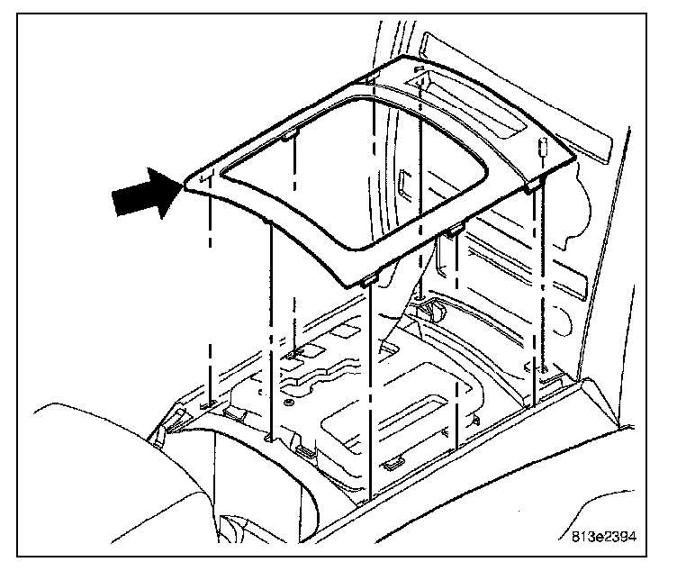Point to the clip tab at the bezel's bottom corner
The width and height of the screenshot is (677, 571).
coord(368,282)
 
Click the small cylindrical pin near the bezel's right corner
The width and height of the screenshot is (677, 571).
coord(544,148)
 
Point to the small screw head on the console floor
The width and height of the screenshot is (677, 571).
coord(286,403)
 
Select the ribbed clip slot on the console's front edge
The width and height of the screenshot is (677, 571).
coord(304,450)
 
